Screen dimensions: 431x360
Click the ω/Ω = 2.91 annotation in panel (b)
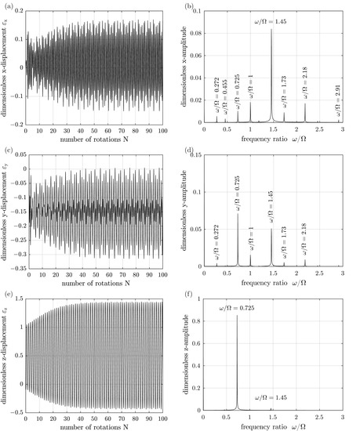pyautogui.click(x=339, y=105)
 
